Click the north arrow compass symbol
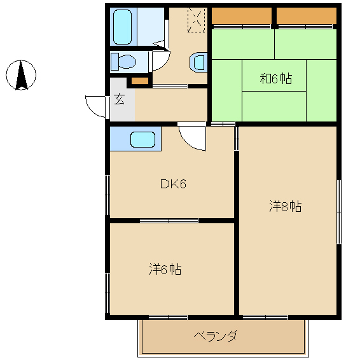click(21, 75)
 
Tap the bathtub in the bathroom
click(123, 27)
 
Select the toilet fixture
click(123, 62)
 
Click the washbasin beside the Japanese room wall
click(198, 62)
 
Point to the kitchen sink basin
click(142, 139)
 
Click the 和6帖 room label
click(276, 78)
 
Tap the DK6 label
click(173, 184)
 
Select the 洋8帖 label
click(286, 206)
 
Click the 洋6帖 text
click(165, 269)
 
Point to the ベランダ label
click(215, 336)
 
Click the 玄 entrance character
click(120, 99)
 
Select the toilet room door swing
click(161, 60)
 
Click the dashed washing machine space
click(197, 20)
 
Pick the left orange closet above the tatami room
click(242, 16)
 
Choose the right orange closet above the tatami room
click(307, 16)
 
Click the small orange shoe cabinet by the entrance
click(140, 81)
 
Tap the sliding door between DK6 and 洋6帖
click(169, 221)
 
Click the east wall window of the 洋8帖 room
click(339, 212)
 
